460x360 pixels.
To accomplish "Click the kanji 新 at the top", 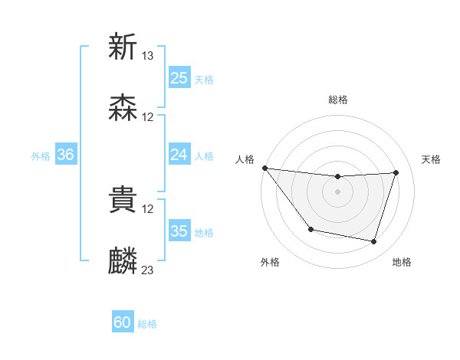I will (x=123, y=47).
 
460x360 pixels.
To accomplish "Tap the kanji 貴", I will (x=123, y=201).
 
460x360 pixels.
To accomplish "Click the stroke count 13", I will (x=148, y=56).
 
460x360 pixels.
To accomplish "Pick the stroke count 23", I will (x=148, y=270).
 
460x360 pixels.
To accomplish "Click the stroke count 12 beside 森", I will (x=148, y=117).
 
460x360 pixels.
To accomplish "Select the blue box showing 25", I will (x=179, y=78).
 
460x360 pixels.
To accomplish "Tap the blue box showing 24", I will (x=179, y=155).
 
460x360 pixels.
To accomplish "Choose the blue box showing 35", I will (x=179, y=231).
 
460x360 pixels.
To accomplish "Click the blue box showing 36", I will (x=65, y=155).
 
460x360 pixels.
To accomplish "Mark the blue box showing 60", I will (x=123, y=323).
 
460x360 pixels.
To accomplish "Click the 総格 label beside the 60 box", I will (x=147, y=324).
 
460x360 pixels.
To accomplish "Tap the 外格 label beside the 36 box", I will (x=41, y=155).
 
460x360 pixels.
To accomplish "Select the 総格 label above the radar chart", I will (x=338, y=100).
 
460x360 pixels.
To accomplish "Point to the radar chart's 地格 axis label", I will (x=402, y=263).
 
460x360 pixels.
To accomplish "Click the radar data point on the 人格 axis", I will (x=264, y=168).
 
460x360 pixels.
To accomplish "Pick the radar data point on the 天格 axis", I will (x=396, y=172).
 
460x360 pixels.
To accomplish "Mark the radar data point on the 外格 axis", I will (x=310, y=229).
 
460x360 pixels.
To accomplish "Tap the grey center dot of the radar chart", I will (x=337, y=191).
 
